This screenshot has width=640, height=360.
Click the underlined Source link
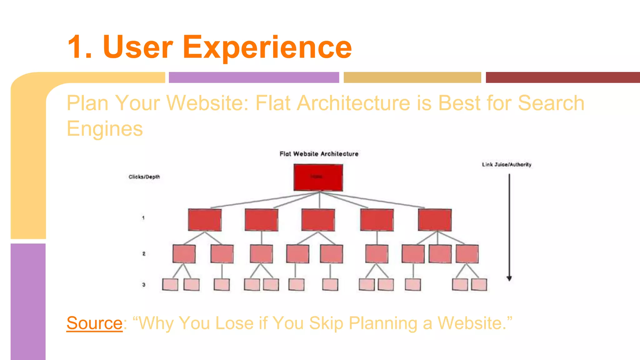(x=94, y=323)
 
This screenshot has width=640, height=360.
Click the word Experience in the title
(x=267, y=47)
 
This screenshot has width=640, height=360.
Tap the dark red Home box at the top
(x=318, y=177)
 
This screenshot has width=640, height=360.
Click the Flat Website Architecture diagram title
(x=319, y=154)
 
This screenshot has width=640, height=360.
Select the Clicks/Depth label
(x=144, y=177)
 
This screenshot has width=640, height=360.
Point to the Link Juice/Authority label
(x=506, y=164)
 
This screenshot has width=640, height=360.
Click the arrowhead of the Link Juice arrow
(x=509, y=278)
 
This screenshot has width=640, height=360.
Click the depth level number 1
(x=143, y=218)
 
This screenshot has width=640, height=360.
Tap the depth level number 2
(x=144, y=253)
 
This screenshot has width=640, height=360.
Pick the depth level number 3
(x=144, y=285)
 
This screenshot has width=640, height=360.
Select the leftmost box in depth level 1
(x=205, y=220)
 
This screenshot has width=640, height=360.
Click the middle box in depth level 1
(x=318, y=220)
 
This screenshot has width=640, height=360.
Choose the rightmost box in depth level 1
(x=435, y=220)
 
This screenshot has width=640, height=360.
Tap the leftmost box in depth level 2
(x=184, y=254)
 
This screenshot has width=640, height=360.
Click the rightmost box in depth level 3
(x=479, y=285)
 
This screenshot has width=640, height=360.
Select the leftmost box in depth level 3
(x=170, y=285)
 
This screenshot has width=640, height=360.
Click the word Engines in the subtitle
(x=105, y=129)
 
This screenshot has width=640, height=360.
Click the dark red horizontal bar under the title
(x=562, y=77)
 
